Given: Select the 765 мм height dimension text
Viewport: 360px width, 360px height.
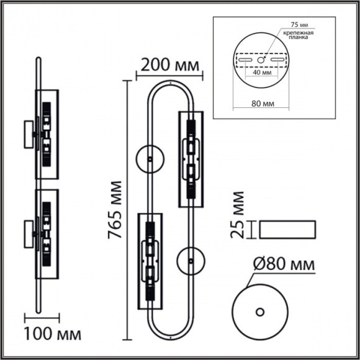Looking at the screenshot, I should [114, 210].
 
